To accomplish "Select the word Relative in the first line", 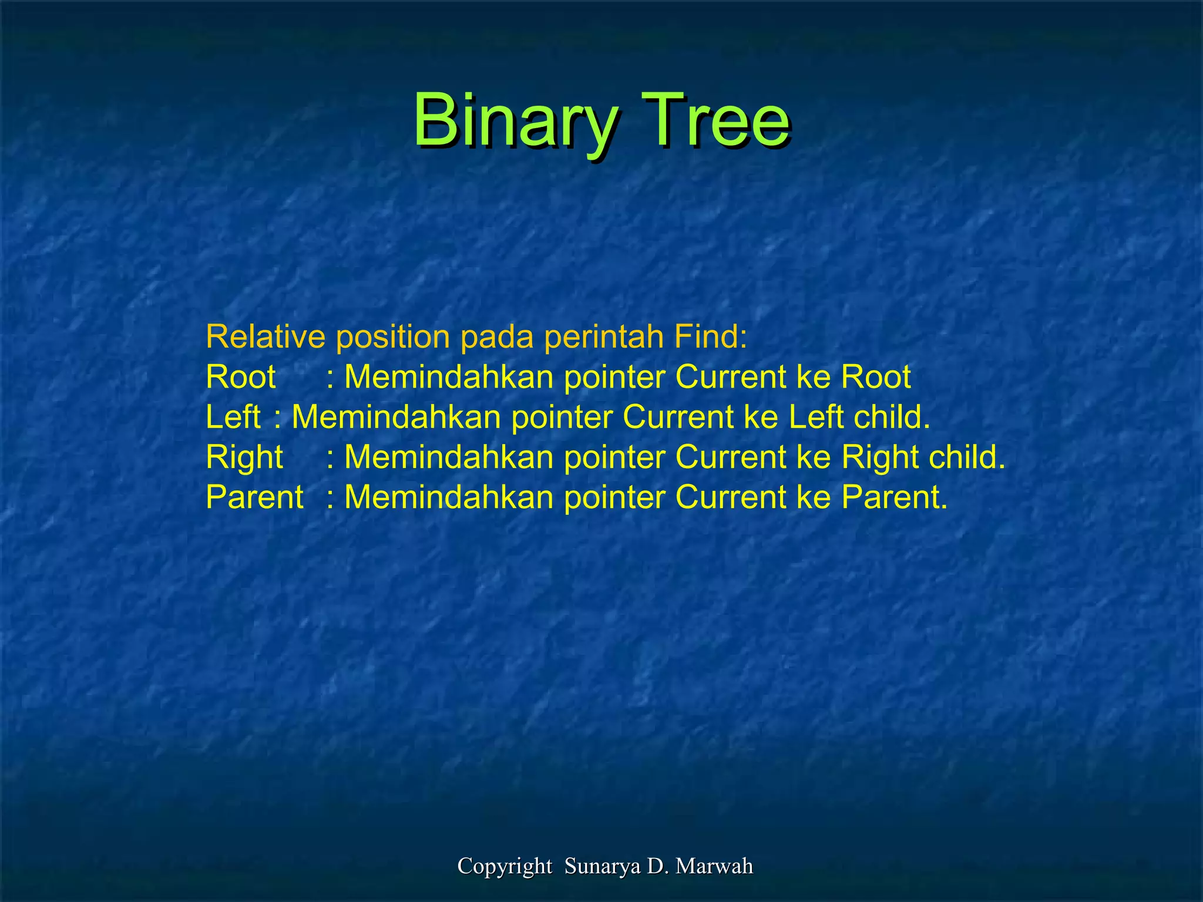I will [x=266, y=336].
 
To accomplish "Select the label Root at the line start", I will [x=241, y=377].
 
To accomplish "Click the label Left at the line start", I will [x=233, y=417].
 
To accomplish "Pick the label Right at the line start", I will [x=244, y=457].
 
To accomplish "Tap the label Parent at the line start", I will [x=255, y=497].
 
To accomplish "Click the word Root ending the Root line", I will [x=876, y=377].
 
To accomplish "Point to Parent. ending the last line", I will [x=895, y=497].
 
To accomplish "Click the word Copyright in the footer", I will [x=505, y=866].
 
